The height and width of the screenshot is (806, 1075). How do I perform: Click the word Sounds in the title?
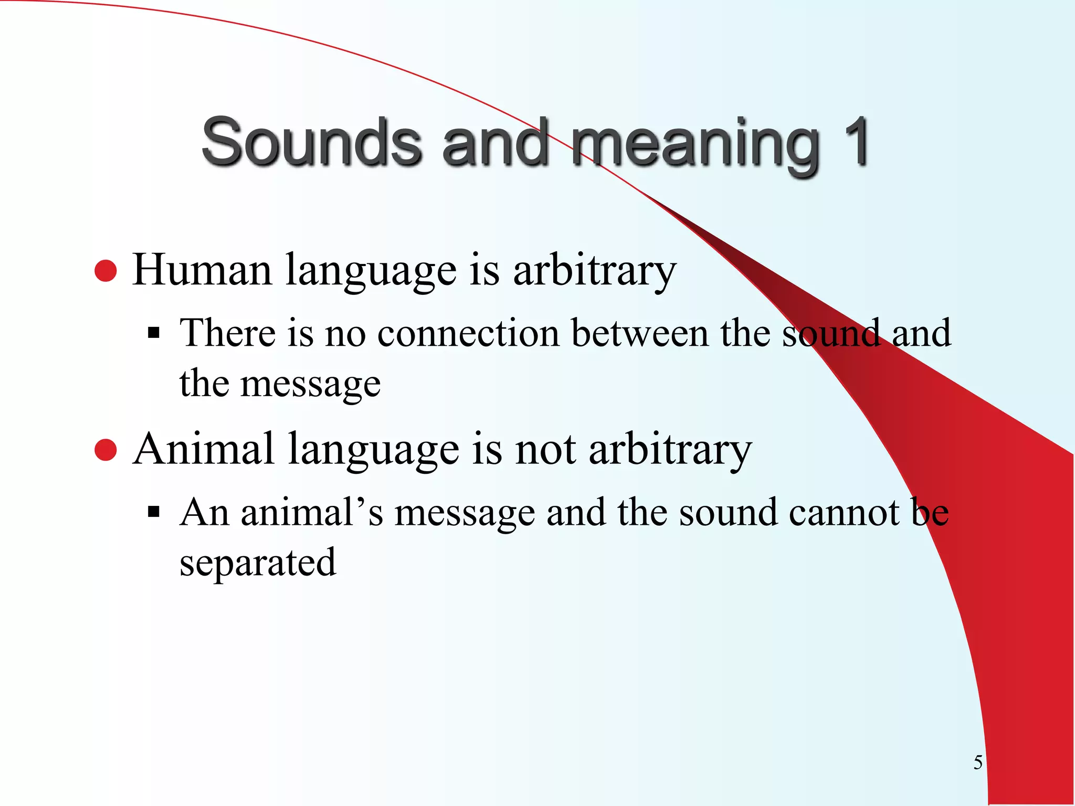coord(311,142)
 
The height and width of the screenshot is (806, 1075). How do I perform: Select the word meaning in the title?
coord(695,144)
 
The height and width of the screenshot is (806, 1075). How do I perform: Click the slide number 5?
coord(977,762)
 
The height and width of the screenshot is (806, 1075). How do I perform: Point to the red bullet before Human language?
coord(106,271)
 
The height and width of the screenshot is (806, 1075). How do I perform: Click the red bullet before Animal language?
coord(106,450)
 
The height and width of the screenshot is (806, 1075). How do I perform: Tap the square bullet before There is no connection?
coord(153,333)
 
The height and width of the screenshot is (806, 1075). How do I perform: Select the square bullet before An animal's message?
coord(153,512)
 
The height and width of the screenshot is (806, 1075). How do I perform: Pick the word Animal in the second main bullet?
coord(203,449)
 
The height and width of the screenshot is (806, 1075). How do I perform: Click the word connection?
coord(468,333)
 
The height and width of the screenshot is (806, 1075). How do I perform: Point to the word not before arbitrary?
coord(545,450)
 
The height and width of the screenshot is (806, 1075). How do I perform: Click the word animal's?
coord(312,512)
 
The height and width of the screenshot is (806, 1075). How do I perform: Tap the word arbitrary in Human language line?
coord(594,271)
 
